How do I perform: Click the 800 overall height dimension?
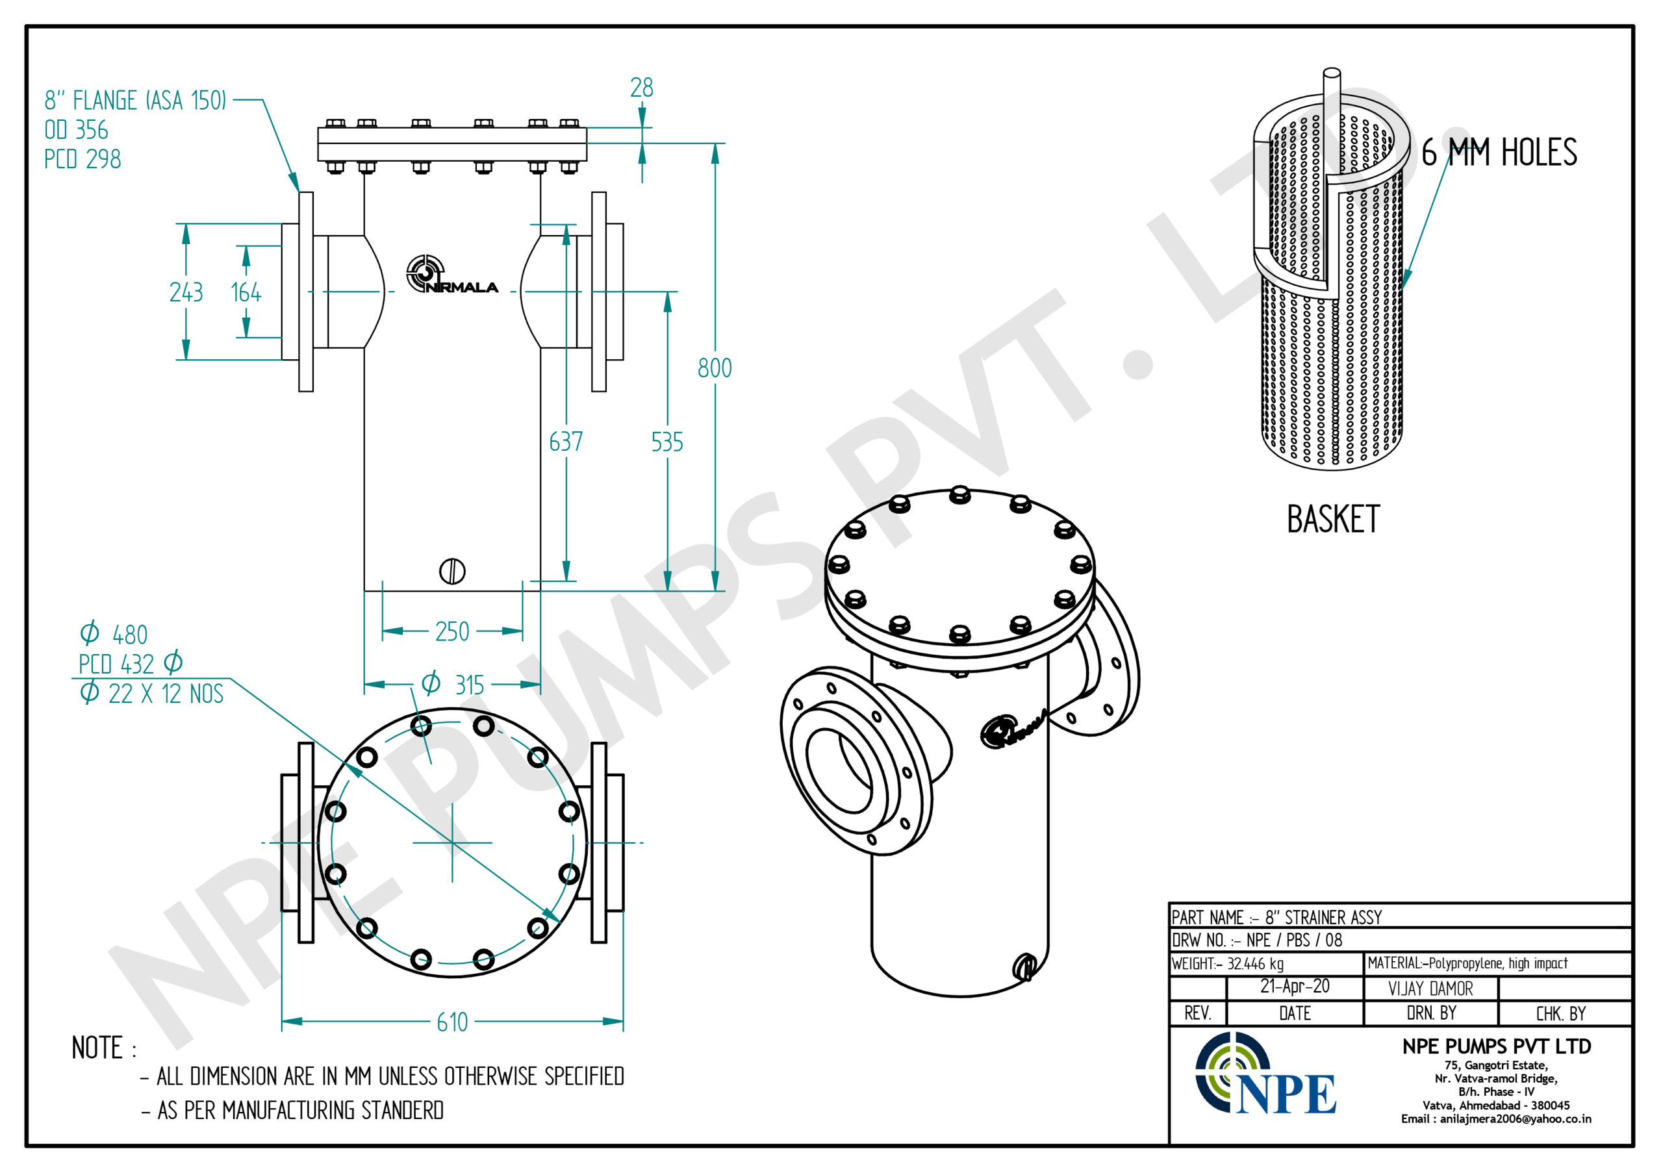pos(714,368)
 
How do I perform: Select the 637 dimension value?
pos(566,442)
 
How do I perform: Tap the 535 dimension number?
pos(666,442)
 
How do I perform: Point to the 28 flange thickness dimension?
pos(641,88)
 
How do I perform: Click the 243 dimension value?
pos(186,293)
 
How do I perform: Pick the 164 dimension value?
pos(246,293)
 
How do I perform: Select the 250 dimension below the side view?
pos(452,632)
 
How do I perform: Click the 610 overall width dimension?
pos(452,1022)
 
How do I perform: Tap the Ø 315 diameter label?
pos(453,685)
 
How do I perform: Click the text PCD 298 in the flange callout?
pos(83,159)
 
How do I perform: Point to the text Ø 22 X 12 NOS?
pos(151,693)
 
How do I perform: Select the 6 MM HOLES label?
pos(1499,153)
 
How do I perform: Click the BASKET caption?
pos(1333,520)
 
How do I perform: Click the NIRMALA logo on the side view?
pos(451,275)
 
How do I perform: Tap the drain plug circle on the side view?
pos(452,572)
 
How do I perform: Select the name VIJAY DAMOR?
pos(1430,989)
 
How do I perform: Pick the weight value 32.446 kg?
pos(1255,963)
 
